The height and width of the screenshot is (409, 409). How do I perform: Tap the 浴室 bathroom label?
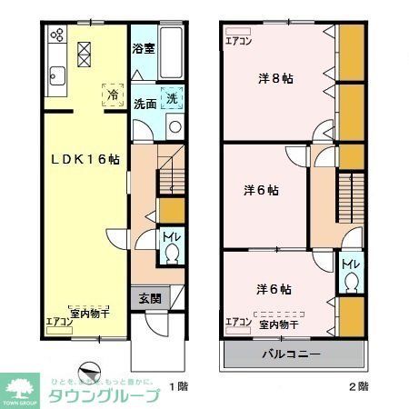coord(144,48)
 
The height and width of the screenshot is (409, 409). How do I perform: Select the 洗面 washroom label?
coord(145,102)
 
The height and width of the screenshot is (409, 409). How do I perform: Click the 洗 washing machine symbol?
coord(172,97)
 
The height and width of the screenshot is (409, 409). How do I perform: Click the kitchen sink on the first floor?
coord(55,78)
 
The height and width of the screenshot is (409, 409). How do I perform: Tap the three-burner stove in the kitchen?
coord(56,37)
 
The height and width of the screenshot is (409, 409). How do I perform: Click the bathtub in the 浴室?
coord(174,45)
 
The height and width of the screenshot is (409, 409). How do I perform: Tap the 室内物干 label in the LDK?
coord(89,311)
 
